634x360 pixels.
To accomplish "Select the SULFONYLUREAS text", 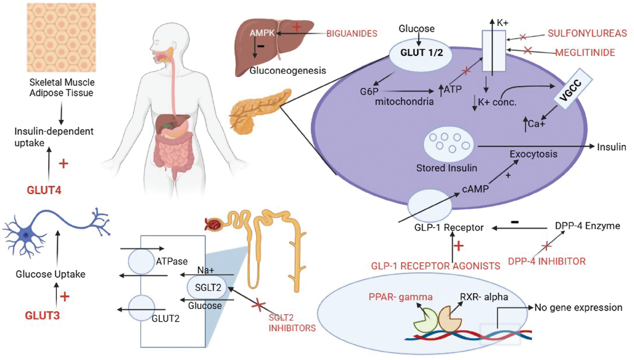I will click(587, 33).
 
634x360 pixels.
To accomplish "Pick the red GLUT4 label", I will click(43, 189).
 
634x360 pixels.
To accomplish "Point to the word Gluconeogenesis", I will click(288, 70).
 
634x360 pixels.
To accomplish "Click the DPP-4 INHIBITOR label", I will click(547, 261).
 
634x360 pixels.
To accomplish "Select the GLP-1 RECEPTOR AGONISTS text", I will click(436, 266).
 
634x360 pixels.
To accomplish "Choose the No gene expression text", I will click(579, 308).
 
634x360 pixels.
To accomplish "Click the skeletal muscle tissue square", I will click(61, 37).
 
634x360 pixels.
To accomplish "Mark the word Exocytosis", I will click(533, 154).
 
